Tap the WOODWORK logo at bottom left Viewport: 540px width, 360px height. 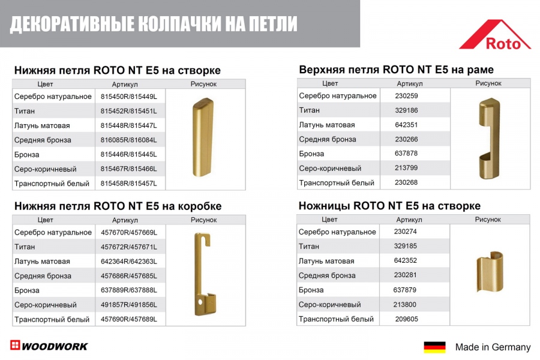click(49, 346)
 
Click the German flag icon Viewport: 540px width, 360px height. click(434, 347)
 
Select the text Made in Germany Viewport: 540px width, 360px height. click(493, 347)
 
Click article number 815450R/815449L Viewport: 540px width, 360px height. click(128, 97)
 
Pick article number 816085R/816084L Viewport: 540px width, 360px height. click(128, 140)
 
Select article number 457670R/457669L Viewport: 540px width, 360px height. click(128, 232)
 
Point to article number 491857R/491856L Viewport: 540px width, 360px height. click(128, 305)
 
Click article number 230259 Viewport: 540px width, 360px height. click(406, 96)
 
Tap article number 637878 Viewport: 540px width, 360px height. click(406, 154)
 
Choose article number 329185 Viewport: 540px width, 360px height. click(406, 246)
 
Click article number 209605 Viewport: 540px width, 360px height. click(406, 319)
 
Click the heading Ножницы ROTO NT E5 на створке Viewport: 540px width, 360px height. click(389, 206)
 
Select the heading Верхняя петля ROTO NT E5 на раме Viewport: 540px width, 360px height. click(396, 70)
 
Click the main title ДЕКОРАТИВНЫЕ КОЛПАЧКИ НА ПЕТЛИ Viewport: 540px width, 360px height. click(154, 24)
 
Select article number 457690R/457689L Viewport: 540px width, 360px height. click(128, 319)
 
